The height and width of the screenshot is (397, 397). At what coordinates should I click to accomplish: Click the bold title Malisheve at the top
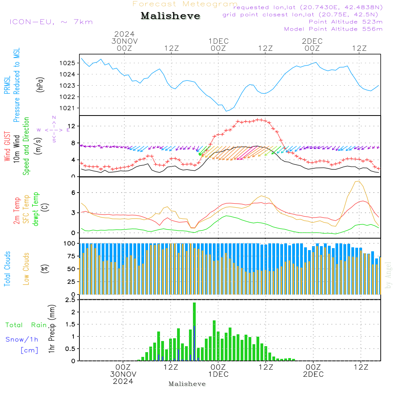pos(170,16)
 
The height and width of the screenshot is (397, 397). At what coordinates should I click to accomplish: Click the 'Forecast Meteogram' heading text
pos(185,4)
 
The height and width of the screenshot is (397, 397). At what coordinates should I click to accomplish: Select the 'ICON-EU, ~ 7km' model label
pos(51,22)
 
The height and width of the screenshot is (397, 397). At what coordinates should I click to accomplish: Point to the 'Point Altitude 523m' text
pos(345,22)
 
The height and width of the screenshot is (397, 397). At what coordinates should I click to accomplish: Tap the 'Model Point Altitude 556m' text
pos(333,29)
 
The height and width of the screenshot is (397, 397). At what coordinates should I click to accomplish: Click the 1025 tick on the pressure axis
pos(69,63)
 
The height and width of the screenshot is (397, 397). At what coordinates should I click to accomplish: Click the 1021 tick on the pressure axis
pos(69,108)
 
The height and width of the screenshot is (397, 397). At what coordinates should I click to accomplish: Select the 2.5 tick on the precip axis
pos(70,300)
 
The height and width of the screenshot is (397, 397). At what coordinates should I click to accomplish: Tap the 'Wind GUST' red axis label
pos(8,147)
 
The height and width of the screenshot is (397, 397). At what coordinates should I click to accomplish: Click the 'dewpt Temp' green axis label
pos(36,209)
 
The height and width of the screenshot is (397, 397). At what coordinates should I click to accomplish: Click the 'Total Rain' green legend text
pos(26,325)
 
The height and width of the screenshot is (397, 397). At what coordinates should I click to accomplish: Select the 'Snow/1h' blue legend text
pos(22,339)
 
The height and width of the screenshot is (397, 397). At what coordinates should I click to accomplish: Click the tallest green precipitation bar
pos(195,331)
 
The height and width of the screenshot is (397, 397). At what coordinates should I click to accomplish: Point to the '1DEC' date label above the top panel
pos(218,41)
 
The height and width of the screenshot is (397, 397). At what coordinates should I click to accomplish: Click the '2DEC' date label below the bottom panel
pos(313,374)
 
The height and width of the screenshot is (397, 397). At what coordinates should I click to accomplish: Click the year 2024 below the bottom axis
pos(123,382)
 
